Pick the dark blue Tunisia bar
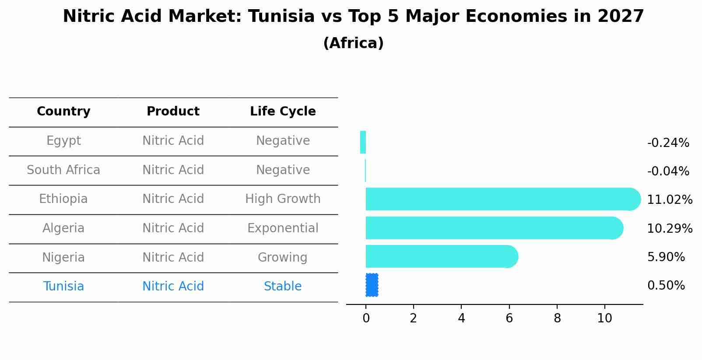coord(372,285)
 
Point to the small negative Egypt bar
coord(363,142)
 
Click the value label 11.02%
coord(670,200)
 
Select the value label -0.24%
coord(668,143)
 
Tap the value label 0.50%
coord(666,286)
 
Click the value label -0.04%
coord(668,171)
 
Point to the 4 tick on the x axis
coord(461,318)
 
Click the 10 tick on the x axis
coord(604,318)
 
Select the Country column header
coord(63,112)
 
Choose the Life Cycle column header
coord(283,112)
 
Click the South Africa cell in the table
coord(63,170)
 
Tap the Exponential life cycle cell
coord(283,228)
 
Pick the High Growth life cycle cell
coord(283,199)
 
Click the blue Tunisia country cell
coord(63,287)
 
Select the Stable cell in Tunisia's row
coord(283,287)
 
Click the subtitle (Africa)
coord(353,43)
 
